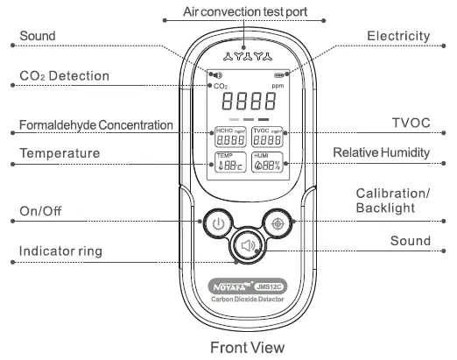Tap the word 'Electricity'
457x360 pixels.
(398, 36)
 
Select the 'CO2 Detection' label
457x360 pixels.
(64, 76)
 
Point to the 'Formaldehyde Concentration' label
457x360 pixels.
(95, 125)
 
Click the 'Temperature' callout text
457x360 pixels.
(60, 153)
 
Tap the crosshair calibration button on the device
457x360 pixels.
(278, 223)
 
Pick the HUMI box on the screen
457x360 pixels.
(268, 162)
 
